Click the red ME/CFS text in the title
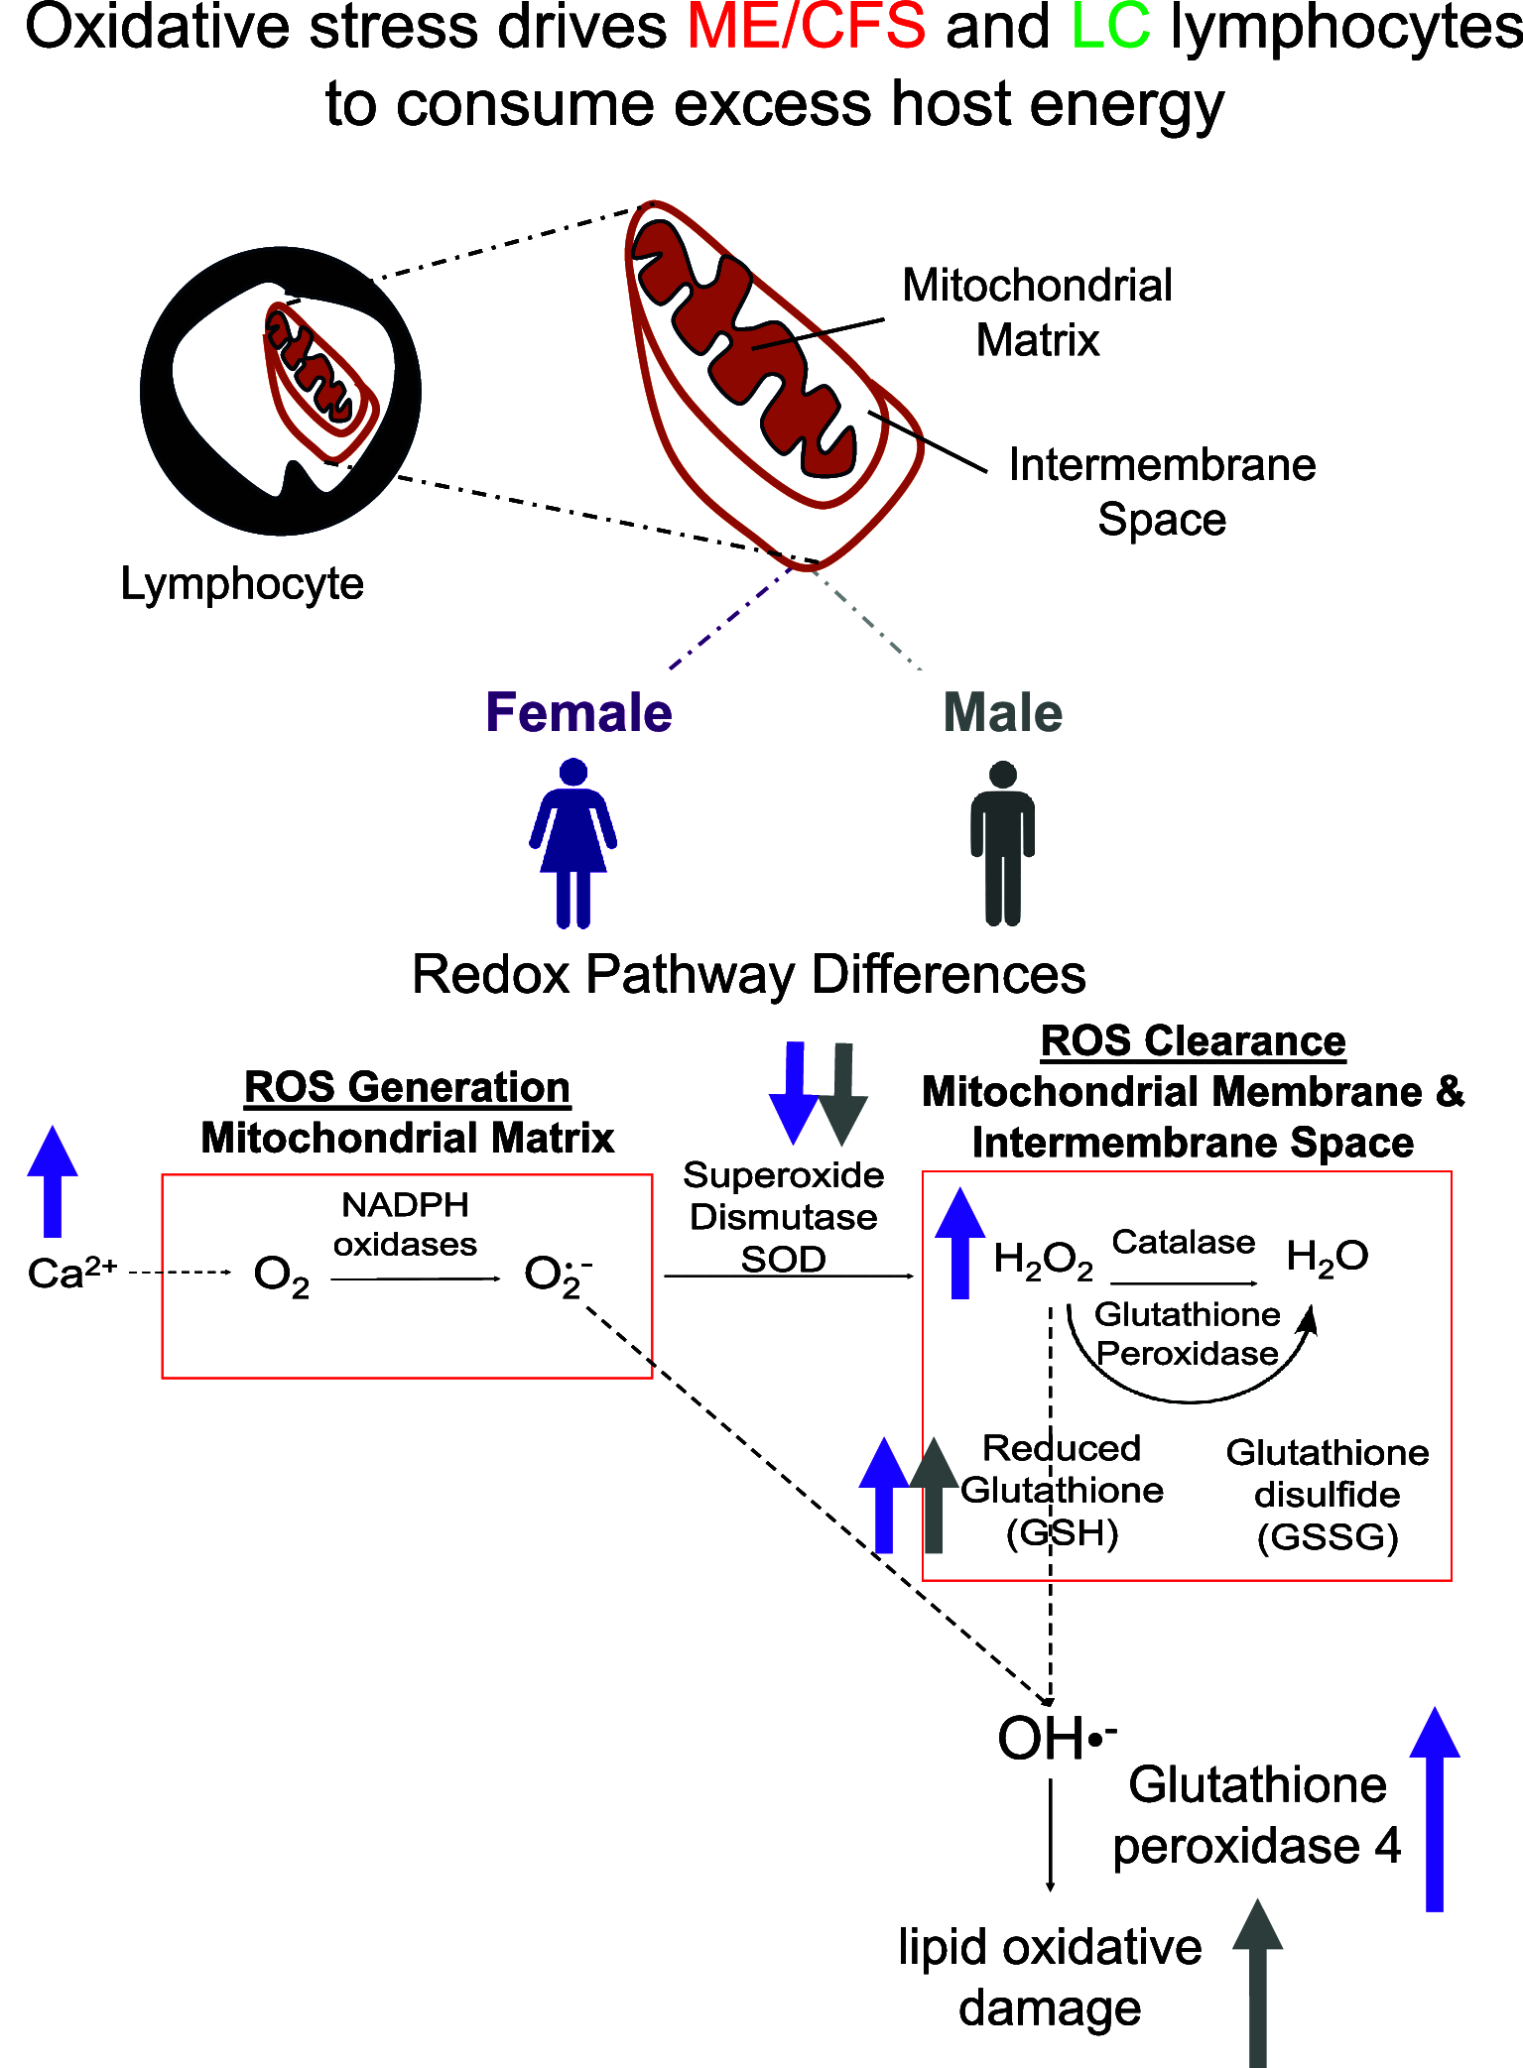click(806, 28)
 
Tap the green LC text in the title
click(1110, 28)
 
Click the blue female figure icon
click(573, 843)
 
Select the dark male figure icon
click(1002, 843)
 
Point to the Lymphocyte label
click(241, 583)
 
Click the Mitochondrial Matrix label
click(1037, 312)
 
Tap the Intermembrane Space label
click(1162, 492)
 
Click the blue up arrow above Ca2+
click(53, 1180)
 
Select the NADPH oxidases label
click(405, 1224)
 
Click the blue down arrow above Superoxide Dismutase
click(794, 1091)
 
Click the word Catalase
click(1183, 1242)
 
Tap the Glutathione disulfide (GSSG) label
click(1328, 1494)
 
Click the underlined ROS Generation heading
click(407, 1087)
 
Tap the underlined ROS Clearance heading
click(1193, 1041)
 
